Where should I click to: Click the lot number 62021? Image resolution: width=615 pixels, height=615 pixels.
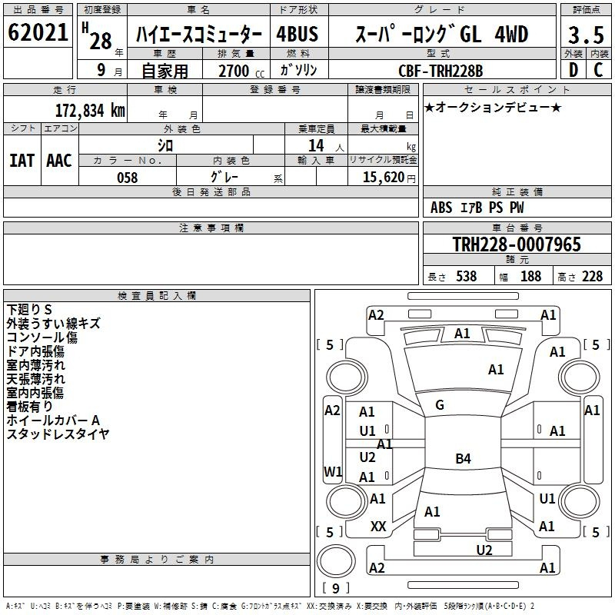pyautogui.click(x=38, y=34)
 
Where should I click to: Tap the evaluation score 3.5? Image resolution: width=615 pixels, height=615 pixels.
pyautogui.click(x=585, y=35)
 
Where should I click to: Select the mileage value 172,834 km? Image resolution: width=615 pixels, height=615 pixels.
pyautogui.click(x=90, y=110)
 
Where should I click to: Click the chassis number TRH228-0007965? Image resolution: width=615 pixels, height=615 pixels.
pyautogui.click(x=516, y=244)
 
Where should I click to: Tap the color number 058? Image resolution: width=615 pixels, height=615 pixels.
pyautogui.click(x=127, y=178)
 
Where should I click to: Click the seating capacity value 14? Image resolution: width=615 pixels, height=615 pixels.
pyautogui.click(x=315, y=145)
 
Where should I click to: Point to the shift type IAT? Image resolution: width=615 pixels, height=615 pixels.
pyautogui.click(x=22, y=161)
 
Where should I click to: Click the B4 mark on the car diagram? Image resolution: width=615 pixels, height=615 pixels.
pyautogui.click(x=463, y=459)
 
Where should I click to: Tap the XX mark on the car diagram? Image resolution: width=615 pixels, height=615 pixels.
pyautogui.click(x=378, y=526)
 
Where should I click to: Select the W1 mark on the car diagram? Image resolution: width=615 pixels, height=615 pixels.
pyautogui.click(x=333, y=470)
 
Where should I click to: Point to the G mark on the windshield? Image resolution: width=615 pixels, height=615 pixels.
pyautogui.click(x=440, y=405)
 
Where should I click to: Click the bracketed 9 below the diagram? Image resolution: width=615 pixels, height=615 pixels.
pyautogui.click(x=335, y=588)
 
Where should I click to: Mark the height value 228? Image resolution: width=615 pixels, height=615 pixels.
pyautogui.click(x=592, y=277)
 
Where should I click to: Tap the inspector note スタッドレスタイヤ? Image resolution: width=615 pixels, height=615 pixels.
pyautogui.click(x=58, y=434)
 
